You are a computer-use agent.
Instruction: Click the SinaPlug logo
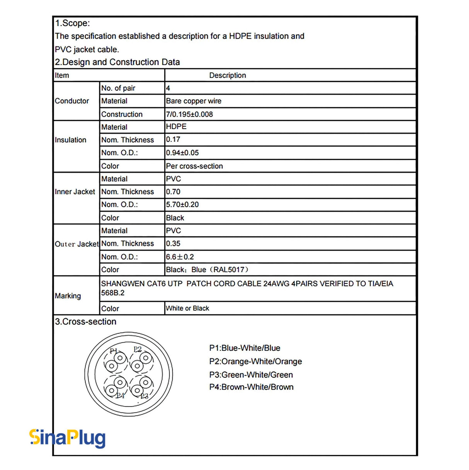click(x=68, y=438)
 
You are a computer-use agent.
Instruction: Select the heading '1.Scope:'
click(x=72, y=23)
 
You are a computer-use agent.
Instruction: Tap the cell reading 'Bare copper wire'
click(x=194, y=101)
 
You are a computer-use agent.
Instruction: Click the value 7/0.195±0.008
click(x=189, y=114)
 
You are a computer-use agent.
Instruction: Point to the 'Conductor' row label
click(x=72, y=101)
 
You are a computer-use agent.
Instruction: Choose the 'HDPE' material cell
click(x=176, y=127)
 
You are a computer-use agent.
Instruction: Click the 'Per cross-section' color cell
click(x=194, y=166)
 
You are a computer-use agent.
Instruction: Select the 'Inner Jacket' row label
click(x=75, y=192)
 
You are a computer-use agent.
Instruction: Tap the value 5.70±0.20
click(x=182, y=204)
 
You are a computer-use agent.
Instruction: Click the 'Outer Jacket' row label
click(x=76, y=244)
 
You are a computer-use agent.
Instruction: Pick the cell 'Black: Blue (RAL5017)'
click(x=207, y=270)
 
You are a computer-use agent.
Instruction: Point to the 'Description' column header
click(x=228, y=75)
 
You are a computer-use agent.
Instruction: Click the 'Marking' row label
click(x=68, y=296)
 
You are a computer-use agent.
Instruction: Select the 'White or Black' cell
click(x=187, y=308)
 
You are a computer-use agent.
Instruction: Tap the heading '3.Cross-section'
click(x=85, y=322)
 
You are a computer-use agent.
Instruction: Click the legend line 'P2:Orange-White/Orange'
click(x=255, y=361)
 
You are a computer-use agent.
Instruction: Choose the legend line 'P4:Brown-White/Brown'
click(x=251, y=387)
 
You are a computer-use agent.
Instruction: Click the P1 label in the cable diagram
click(x=113, y=351)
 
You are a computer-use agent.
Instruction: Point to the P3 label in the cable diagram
click(x=144, y=396)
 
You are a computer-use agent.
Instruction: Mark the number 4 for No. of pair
click(x=168, y=88)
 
